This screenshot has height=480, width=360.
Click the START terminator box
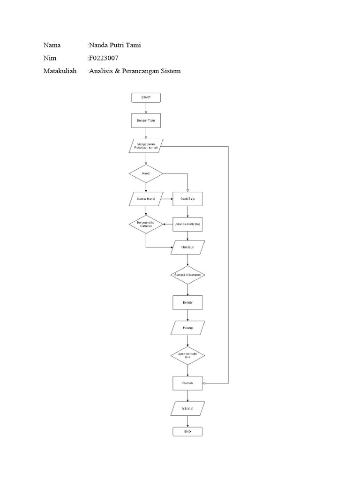tap(146, 97)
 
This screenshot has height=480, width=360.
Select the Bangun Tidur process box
tap(146, 120)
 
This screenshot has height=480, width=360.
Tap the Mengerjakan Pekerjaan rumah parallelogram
tap(146, 147)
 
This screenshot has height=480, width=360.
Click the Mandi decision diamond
tap(146, 174)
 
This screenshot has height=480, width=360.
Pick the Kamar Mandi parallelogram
tap(146, 199)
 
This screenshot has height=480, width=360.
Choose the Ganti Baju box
tap(187, 199)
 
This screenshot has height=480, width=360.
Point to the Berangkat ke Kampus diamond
tap(146, 225)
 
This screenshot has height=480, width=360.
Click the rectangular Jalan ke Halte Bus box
tap(187, 225)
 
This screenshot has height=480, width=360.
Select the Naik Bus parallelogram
tap(187, 247)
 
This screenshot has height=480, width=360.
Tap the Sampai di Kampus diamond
tap(187, 275)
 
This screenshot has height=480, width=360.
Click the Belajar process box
tap(187, 302)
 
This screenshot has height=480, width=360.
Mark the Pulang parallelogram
tap(187, 328)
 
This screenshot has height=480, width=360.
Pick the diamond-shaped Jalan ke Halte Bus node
tap(187, 356)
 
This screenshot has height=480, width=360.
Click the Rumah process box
tap(187, 383)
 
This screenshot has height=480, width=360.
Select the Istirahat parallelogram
tap(187, 408)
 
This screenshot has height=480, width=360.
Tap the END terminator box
tap(187, 431)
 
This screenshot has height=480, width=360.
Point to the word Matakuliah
tap(60, 71)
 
